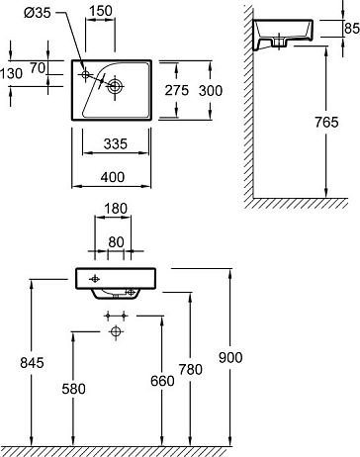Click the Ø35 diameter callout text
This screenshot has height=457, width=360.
pyautogui.click(x=38, y=13)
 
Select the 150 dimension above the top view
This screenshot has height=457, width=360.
pyautogui.click(x=100, y=11)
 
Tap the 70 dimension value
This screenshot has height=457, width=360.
pyautogui.click(x=38, y=68)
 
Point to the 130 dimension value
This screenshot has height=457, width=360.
pyautogui.click(x=11, y=73)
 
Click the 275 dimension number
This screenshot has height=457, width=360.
pyautogui.click(x=177, y=90)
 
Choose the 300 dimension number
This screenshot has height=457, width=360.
pyautogui.click(x=211, y=90)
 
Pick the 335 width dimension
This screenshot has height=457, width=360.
pyautogui.click(x=116, y=144)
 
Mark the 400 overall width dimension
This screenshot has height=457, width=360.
pyautogui.click(x=113, y=177)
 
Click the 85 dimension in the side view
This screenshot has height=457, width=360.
pyautogui.click(x=352, y=29)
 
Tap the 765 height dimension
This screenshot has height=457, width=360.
pyautogui.click(x=326, y=123)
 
